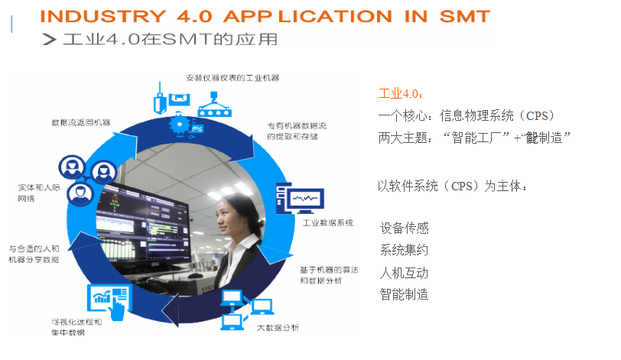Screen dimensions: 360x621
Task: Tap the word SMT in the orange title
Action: pos(461,15)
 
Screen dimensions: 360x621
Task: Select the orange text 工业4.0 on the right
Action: pos(399,94)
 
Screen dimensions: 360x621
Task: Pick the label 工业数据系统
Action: pos(328,223)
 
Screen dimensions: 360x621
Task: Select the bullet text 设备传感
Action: pos(404,228)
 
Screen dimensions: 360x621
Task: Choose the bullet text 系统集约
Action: pos(404,250)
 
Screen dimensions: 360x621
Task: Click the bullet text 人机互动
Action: pos(404,272)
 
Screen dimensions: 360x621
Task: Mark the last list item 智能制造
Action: pos(404,294)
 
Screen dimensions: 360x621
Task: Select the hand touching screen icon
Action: pos(110,301)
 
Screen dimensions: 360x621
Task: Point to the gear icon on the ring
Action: pos(181,122)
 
